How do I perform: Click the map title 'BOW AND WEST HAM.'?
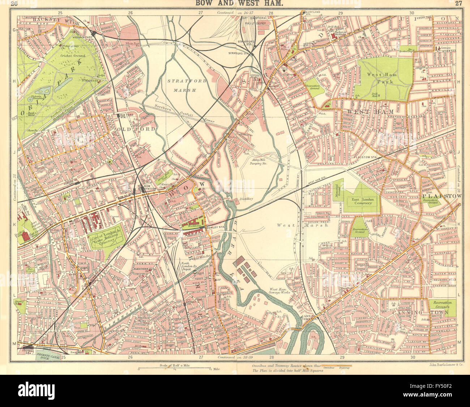click(x=237, y=4)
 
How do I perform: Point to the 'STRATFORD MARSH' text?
click(x=181, y=85)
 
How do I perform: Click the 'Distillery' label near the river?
click(x=245, y=199)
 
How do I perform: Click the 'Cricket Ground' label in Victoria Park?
click(x=73, y=56)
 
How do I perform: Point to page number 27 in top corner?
click(x=458, y=4)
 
